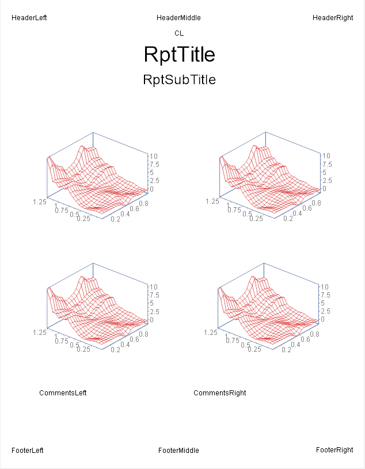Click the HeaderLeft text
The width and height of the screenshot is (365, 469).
[x=29, y=18]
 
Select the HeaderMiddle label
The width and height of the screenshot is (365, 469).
[x=178, y=18]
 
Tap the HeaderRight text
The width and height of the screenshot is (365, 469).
[x=333, y=18]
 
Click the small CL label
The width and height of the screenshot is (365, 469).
[x=179, y=33]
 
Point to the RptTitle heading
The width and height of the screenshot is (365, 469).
[x=179, y=55]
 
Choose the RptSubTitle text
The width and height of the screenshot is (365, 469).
[x=179, y=80]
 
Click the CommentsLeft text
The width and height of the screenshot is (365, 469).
[x=63, y=393]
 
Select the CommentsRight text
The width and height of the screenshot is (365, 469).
[x=219, y=393]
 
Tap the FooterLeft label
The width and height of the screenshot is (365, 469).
[x=27, y=451]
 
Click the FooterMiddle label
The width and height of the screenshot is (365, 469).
[x=178, y=451]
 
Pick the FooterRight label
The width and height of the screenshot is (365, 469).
[x=334, y=450]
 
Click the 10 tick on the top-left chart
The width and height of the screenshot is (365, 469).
[x=154, y=156]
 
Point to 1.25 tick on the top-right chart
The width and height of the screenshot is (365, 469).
[x=212, y=201]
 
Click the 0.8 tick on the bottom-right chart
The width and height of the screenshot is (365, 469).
[x=315, y=334]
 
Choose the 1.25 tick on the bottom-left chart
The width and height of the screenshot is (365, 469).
[x=40, y=333]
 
